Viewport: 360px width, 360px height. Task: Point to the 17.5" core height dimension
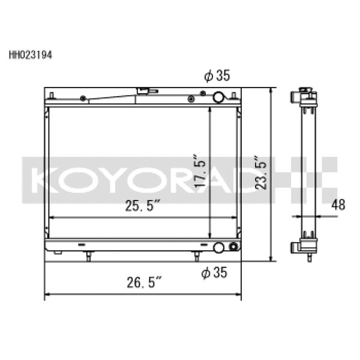point(201,172)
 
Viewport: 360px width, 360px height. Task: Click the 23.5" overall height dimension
point(260,174)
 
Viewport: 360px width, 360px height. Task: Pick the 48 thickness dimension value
point(338,204)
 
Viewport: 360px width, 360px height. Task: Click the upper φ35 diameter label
point(217,76)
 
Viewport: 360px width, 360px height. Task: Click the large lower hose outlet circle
point(220,247)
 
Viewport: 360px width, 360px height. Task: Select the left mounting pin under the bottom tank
point(88,256)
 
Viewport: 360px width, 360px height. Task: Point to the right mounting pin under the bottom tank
point(196,256)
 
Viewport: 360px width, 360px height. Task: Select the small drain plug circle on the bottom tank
point(233,247)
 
